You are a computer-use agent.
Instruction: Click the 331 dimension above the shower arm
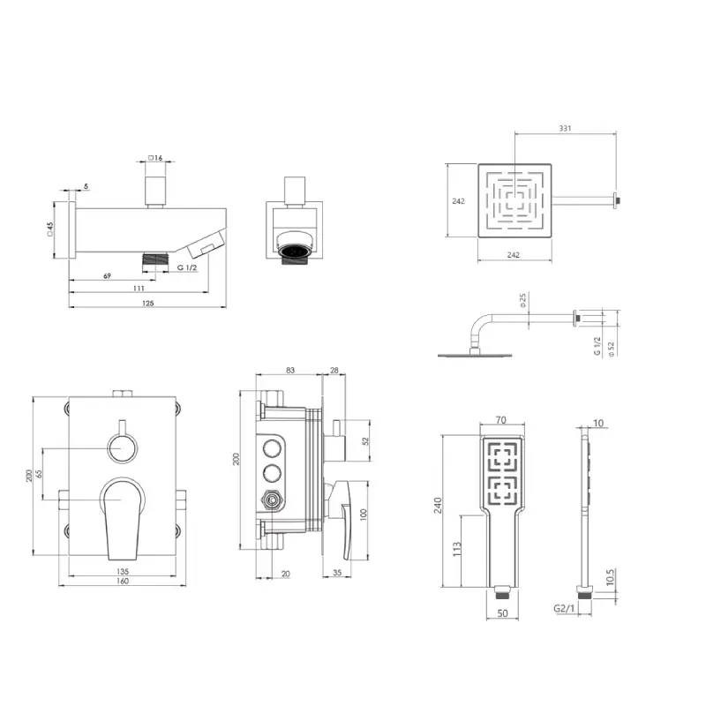coord(565,128)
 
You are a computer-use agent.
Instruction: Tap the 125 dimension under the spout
coord(147,303)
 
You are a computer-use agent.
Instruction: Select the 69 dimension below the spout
coord(107,275)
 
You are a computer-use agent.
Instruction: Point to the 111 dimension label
coord(139,289)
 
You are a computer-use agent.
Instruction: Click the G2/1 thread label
coord(564,609)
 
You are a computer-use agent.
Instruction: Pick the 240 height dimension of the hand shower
coord(438,505)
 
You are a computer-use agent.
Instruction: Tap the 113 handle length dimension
coord(456,549)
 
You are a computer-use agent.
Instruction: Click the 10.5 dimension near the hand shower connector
coord(610,577)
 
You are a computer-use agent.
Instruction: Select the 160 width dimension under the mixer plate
coord(123,581)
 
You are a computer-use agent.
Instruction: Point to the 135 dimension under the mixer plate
coord(123,571)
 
